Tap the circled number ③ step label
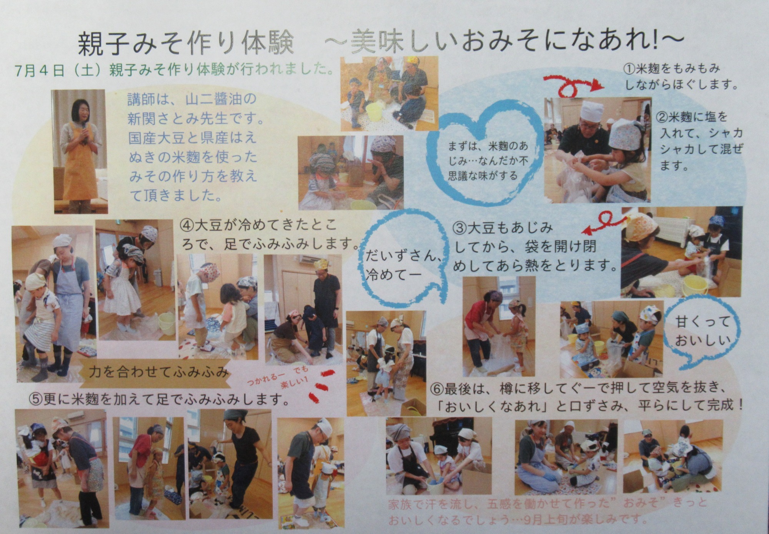(x=460, y=228)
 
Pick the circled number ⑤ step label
(x=36, y=400)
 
